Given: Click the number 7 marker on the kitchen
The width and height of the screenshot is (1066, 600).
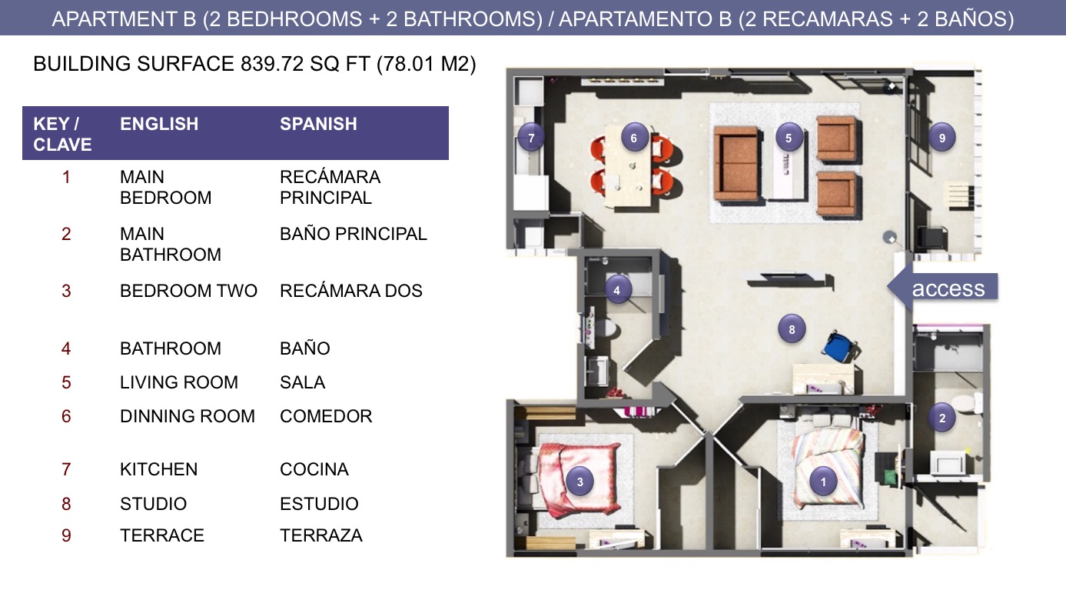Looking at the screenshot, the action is point(531,138).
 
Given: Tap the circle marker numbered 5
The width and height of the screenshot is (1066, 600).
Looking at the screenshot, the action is point(789,138).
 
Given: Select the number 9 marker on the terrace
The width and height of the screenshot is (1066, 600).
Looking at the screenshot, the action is point(941,138).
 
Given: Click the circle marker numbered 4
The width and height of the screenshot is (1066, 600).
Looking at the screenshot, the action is point(617,290).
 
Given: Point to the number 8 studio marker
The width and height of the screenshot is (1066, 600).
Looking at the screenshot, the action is point(792,329).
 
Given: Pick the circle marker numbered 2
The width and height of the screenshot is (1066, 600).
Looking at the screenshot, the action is point(941,418).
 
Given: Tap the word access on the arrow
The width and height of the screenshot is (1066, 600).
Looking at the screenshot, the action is point(948,288).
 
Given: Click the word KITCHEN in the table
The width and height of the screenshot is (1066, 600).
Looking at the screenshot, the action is point(158,469).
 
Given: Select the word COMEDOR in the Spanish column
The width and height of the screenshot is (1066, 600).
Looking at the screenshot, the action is point(326,416).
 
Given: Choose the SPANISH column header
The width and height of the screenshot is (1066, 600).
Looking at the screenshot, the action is point(318,124).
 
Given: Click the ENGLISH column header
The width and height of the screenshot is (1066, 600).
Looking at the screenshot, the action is point(159,124).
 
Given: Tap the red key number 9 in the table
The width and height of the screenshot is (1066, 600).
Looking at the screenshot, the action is point(66,535).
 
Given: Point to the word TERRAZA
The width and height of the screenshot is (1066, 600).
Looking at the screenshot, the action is point(321,535).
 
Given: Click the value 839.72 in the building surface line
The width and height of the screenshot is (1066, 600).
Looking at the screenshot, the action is point(272,64).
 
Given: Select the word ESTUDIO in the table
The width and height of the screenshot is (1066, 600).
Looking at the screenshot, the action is point(319,504).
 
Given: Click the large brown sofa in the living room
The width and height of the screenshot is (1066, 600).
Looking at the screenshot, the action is point(737,163).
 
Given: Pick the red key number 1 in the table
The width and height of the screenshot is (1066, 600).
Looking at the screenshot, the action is point(66,177).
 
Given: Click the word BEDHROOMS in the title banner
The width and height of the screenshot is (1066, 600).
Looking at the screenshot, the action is point(294,19).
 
